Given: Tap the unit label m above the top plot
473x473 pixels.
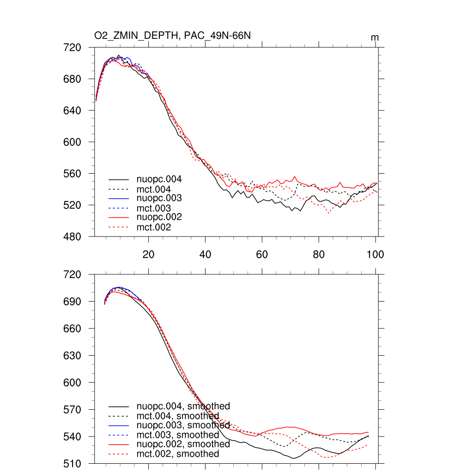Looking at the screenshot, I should click(375, 37).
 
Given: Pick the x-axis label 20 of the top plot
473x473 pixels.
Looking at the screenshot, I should click(148, 254).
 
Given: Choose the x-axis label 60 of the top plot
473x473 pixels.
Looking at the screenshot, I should click(262, 254).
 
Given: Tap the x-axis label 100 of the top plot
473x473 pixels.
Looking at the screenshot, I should click(375, 254).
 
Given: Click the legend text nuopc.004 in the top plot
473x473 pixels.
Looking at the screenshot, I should click(158, 179).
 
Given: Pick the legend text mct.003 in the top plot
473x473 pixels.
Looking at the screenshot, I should click(153, 208).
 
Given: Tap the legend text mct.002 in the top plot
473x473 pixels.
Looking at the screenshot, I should click(153, 227).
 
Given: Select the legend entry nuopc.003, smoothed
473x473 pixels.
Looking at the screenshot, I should click(183, 425).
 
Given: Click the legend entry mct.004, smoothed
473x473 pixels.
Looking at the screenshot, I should click(178, 416).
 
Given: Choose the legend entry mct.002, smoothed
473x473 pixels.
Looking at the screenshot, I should click(178, 454).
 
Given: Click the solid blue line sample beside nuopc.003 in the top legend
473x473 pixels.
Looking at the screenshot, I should click(119, 198).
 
